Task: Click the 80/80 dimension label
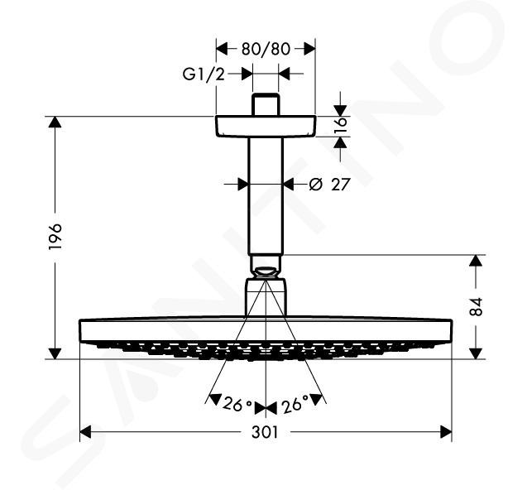tap(266, 49)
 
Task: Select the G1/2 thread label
tap(204, 74)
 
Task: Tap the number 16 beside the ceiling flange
tap(341, 126)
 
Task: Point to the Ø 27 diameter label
tap(329, 185)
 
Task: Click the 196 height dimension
tap(55, 236)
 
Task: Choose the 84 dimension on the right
tap(476, 307)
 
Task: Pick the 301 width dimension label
tap(266, 433)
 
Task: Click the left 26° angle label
tap(237, 404)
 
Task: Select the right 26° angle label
tap(295, 405)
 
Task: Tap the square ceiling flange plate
tap(266, 127)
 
